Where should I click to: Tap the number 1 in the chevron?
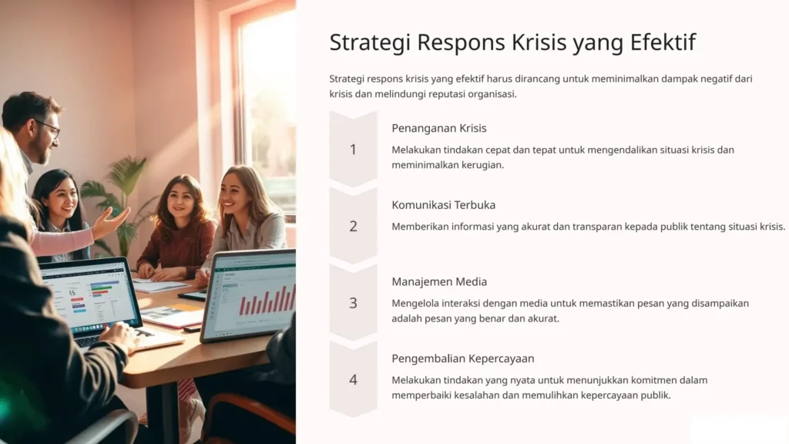[x=353, y=150]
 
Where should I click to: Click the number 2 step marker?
[x=353, y=226]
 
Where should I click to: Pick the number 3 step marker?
[x=353, y=303]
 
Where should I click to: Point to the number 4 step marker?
[x=353, y=379]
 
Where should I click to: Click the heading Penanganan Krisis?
[x=438, y=128]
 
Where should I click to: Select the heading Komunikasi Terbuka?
[x=443, y=205]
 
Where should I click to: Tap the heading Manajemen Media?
[x=439, y=281]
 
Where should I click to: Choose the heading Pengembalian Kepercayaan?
[x=462, y=358]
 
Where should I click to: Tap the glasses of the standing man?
[x=49, y=127]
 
